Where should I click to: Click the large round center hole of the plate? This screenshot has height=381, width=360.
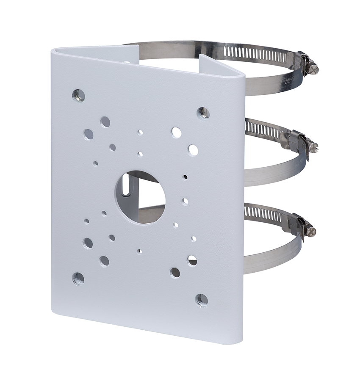tap(139, 197)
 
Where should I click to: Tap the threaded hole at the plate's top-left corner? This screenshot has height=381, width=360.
tap(78, 95)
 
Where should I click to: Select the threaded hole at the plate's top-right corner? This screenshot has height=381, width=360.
tap(203, 113)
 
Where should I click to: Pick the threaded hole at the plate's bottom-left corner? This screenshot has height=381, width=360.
tap(78, 278)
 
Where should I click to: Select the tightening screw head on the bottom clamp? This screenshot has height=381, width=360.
tap(311, 231)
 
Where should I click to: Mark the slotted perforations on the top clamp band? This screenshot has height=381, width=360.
tap(254, 54)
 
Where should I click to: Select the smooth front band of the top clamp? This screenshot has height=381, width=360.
tap(271, 85)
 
